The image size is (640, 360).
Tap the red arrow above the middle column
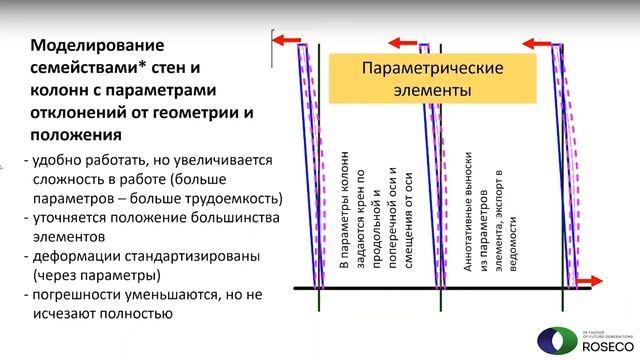click(404, 42)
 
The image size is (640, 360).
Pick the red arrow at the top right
click(539, 43)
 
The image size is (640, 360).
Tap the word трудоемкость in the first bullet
click(237, 197)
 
